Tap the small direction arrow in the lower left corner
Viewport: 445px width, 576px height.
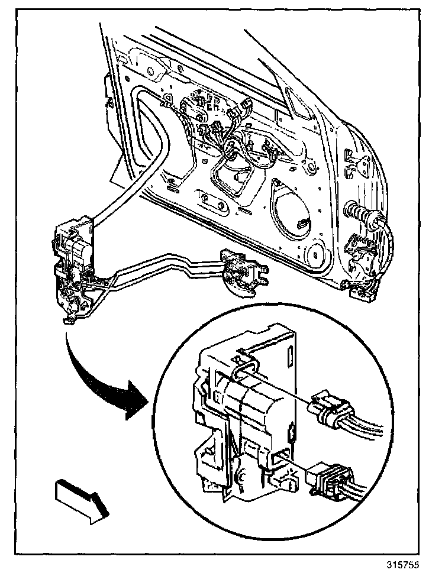80,498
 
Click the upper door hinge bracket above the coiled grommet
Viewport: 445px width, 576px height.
357,166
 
